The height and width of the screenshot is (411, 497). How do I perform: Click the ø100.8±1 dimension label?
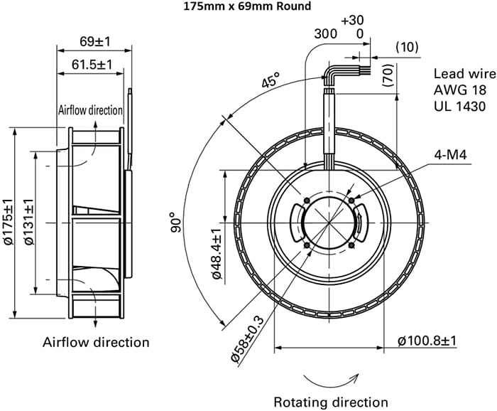click(427, 341)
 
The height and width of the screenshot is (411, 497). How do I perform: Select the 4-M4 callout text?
click(449, 154)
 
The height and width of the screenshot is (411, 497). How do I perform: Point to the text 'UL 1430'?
click(459, 106)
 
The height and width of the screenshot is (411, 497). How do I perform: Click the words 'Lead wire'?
click(459, 73)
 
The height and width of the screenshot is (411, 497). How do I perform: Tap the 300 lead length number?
click(326, 33)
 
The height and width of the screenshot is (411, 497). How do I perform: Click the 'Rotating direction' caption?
click(331, 402)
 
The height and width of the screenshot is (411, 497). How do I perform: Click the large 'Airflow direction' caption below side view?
click(97, 342)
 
